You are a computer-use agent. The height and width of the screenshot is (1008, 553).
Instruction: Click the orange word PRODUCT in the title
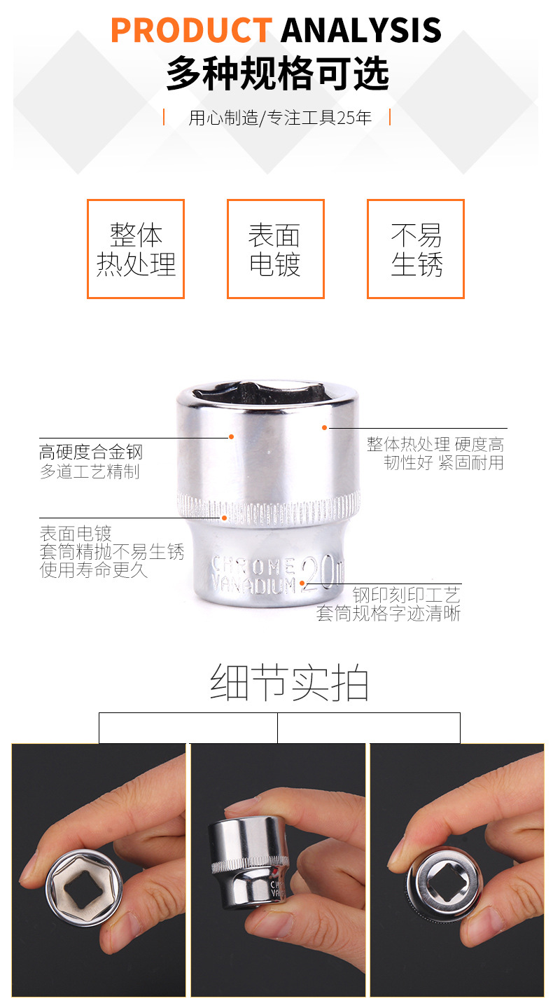tap(192, 30)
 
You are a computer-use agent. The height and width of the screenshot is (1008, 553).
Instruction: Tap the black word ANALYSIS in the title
tap(361, 30)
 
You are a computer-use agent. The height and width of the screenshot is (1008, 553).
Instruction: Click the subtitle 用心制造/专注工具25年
tap(280, 118)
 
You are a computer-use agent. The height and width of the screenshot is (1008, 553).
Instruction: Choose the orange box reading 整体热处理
tap(136, 249)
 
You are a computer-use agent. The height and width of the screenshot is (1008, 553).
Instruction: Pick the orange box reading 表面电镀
tap(276, 249)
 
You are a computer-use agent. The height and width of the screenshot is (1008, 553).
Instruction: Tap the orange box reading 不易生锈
tap(415, 249)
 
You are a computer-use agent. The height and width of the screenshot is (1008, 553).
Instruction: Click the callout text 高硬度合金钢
tap(91, 452)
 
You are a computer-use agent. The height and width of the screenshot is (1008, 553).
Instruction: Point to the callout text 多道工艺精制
tap(90, 471)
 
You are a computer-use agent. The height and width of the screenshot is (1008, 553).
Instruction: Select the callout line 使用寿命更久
tap(94, 570)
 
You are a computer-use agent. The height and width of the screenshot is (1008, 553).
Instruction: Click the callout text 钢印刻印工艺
tap(407, 595)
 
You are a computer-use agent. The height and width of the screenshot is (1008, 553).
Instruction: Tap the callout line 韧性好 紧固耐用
tap(444, 462)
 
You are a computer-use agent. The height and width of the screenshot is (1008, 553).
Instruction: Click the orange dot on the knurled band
tap(224, 518)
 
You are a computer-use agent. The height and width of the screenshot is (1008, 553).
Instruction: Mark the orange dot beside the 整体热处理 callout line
tap(324, 427)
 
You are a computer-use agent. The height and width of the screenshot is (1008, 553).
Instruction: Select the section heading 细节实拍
tap(289, 683)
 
